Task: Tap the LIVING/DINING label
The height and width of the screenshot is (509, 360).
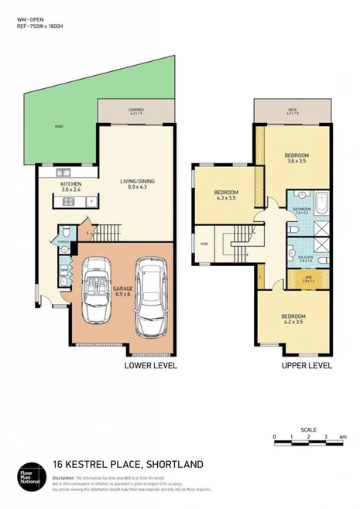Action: tap(137, 183)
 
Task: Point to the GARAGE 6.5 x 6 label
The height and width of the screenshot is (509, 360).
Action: tap(122, 292)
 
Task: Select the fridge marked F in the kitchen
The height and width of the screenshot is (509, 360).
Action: tap(92, 203)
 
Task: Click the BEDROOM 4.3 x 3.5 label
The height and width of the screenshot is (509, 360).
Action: tap(226, 194)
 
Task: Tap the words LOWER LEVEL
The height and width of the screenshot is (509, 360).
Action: tap(150, 365)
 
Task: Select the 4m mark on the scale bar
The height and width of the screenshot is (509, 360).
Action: tap(342, 438)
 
